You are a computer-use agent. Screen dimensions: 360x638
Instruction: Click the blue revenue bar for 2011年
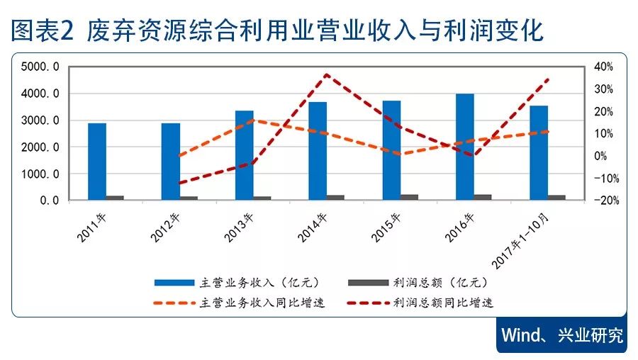click(97, 162)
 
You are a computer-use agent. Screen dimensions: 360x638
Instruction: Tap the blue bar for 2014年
click(317, 151)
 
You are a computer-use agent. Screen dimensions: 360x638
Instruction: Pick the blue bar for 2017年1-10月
click(538, 152)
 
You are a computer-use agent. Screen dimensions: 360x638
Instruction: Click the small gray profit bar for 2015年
click(409, 197)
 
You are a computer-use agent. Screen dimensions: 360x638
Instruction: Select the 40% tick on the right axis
click(603, 67)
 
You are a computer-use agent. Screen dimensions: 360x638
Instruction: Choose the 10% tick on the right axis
click(603, 134)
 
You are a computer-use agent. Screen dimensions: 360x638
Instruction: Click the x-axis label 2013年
click(242, 226)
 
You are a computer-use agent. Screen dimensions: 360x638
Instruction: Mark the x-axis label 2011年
click(94, 226)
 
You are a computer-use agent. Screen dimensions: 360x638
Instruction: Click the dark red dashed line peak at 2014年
click(325, 74)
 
